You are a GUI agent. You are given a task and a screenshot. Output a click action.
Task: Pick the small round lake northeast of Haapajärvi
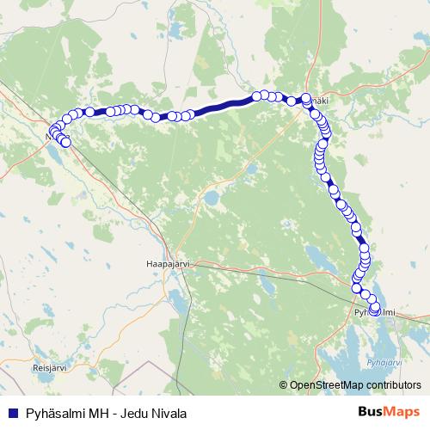211,199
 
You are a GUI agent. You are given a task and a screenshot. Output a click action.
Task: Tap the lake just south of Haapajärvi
179,301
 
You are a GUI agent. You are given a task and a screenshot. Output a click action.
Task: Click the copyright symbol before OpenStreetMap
285,385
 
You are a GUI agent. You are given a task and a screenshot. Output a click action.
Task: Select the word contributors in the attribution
390,385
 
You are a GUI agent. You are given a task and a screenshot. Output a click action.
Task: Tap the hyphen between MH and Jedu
114,413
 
